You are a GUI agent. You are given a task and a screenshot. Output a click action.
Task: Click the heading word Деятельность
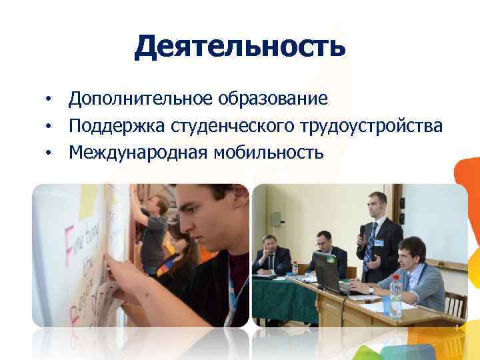point(240,47)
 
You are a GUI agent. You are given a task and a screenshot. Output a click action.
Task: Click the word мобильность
point(269,153)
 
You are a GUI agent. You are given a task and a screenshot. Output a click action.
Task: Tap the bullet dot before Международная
point(49,154)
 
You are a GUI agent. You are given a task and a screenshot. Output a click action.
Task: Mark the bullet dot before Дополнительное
point(49,101)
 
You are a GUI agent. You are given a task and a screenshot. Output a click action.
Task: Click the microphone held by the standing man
point(362,234)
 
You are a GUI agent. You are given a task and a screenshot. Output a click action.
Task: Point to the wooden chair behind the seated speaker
point(454,303)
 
